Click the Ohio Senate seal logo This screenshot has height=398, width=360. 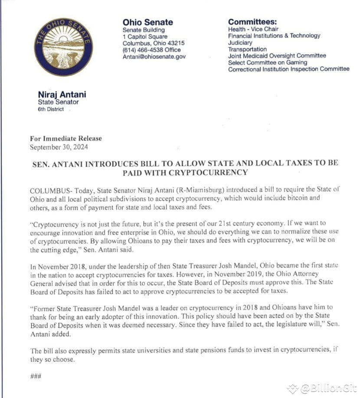click(63, 47)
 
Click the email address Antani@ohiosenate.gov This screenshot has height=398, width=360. click(154, 57)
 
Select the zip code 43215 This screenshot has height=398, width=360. click(175, 43)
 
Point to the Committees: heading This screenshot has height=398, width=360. click(252, 22)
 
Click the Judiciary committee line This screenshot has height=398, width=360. click(240, 43)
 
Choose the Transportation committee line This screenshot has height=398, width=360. click(247, 49)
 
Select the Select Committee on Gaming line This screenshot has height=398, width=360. click(267, 62)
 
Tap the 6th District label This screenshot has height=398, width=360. click(51, 109)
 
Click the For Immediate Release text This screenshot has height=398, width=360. click(66, 139)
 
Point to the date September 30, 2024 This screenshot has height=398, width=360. click(59, 147)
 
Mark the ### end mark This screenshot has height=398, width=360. click(36, 376)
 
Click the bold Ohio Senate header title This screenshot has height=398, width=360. click(147, 22)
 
